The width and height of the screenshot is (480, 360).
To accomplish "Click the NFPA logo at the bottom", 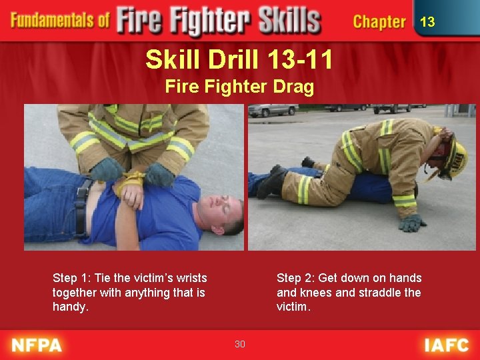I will coord(37,345).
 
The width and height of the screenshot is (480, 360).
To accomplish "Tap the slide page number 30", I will coord(240,344).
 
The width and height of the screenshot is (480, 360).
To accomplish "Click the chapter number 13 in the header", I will coord(427,22).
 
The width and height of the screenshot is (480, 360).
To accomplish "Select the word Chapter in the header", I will coord(379,22).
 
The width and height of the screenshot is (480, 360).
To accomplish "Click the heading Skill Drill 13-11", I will coord(239,61).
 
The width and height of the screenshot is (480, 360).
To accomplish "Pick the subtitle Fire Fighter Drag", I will coord(239,87).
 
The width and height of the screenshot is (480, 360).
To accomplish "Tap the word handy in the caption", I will coord(69,307).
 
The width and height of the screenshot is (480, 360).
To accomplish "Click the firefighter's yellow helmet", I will coord(455,156).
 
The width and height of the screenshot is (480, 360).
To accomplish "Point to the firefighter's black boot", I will coord(271,183).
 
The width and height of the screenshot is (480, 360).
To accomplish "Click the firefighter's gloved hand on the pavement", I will coord(412,223).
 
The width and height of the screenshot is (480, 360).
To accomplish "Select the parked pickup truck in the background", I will coord(273,109).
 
